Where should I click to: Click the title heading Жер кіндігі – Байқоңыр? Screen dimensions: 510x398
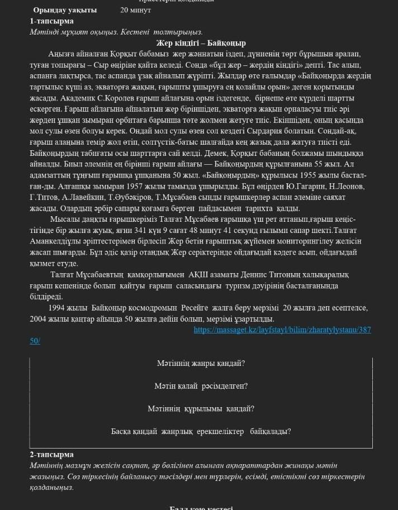[x=201, y=43]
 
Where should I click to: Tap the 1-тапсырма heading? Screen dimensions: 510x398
[x=51, y=21]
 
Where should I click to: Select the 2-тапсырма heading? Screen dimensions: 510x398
[x=51, y=454]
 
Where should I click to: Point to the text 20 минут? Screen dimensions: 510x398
[x=135, y=10]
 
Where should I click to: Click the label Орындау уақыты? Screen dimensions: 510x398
[x=65, y=10]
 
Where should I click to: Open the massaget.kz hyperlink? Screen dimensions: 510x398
[x=282, y=330]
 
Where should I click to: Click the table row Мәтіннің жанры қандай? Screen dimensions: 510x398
[x=201, y=363]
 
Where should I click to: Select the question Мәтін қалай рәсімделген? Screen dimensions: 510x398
[x=201, y=386]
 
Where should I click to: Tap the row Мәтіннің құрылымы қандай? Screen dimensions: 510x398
[x=201, y=408]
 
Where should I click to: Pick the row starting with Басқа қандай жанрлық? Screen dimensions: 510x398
[x=201, y=431]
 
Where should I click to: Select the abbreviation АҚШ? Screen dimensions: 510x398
[x=197, y=275]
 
